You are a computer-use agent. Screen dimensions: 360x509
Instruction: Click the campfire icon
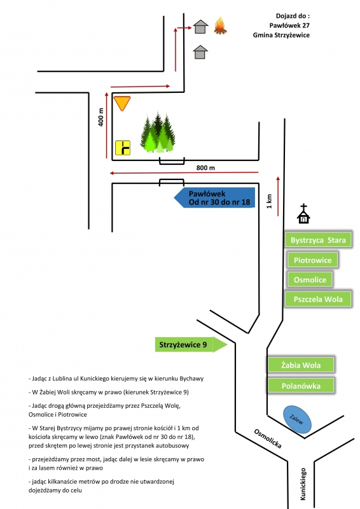220,25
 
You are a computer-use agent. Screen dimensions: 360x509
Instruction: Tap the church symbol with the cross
303,214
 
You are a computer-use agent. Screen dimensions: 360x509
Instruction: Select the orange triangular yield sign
122,103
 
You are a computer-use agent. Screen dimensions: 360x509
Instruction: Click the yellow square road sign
123,148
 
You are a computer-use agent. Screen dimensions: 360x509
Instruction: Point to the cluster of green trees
158,132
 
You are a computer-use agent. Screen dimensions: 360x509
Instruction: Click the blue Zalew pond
297,419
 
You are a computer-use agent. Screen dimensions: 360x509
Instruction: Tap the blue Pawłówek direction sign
214,198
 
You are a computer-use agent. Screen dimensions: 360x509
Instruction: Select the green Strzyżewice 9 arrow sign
191,344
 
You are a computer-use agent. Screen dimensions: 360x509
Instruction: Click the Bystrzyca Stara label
318,241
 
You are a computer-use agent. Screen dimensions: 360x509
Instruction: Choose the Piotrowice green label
312,260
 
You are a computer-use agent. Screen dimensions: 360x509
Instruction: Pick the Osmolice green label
310,279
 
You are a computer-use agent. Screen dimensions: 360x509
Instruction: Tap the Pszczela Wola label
318,299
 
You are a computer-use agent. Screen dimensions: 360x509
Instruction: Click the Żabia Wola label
301,365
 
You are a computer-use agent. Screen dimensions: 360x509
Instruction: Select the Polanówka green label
301,386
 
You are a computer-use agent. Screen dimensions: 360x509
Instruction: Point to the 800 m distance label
205,168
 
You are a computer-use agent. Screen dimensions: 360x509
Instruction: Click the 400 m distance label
101,117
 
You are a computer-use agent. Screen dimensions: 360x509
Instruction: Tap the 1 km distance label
269,201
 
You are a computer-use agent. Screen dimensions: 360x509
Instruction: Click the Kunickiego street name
303,484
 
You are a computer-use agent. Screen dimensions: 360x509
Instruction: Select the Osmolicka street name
268,438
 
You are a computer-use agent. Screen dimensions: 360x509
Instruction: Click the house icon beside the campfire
200,27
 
